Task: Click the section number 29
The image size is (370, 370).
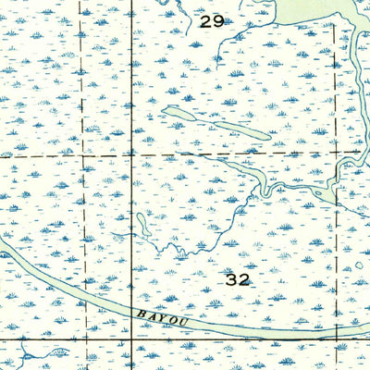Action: coord(211,20)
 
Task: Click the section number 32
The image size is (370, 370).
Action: coord(237,277)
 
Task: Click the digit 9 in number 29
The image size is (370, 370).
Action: coord(217,20)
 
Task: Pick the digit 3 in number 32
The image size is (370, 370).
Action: coord(230,277)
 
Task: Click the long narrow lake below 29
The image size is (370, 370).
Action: coord(216,125)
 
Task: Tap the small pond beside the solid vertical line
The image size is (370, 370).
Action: coord(144,223)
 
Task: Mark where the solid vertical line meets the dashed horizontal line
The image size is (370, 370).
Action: coord(131,154)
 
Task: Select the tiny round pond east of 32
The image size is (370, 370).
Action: coord(359,265)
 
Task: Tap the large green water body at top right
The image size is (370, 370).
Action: coord(314,11)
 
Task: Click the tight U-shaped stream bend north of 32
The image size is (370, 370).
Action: coord(264,188)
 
